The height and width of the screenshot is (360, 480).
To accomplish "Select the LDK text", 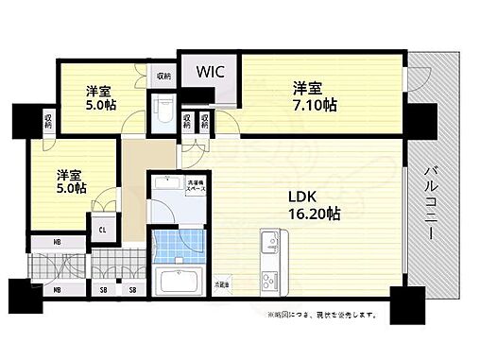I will click(x=301, y=196).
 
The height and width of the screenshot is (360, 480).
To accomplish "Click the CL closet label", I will click(x=102, y=227).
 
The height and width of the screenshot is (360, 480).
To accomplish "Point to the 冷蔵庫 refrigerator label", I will click(x=222, y=283).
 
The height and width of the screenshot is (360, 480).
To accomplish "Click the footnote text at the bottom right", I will click(x=322, y=314).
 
